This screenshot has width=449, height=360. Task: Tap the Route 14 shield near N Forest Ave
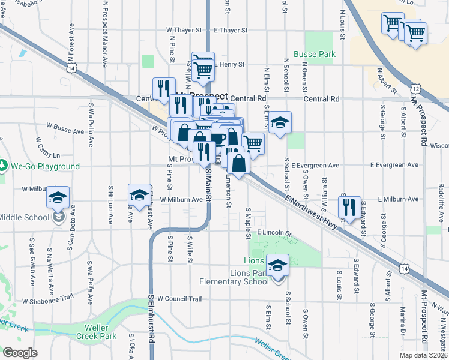71,69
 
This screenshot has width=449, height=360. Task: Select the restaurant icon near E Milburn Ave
349,208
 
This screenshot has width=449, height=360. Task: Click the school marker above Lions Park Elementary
277,265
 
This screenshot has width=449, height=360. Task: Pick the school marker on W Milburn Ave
139,195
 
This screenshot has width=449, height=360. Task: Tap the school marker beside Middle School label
58,197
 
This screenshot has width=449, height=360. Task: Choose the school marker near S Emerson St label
279,123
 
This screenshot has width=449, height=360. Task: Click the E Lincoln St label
273,232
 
